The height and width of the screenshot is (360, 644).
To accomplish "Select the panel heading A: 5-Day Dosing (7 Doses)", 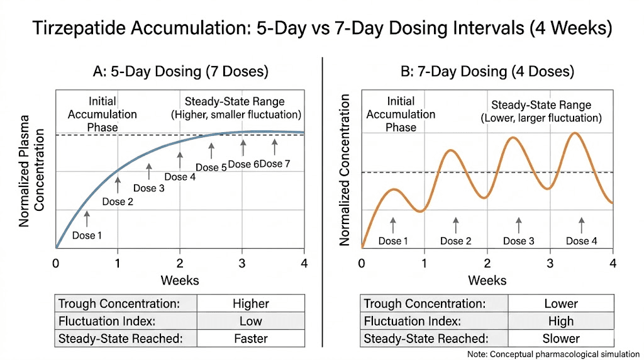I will [x=180, y=71].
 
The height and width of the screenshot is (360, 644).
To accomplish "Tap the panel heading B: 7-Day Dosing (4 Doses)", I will [x=487, y=71].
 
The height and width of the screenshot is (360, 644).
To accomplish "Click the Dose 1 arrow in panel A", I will [x=87, y=218].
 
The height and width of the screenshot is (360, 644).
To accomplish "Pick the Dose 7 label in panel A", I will [x=275, y=164].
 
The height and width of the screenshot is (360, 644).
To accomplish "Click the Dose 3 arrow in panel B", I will [x=519, y=225].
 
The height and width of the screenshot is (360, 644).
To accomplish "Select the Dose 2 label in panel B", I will [x=456, y=241].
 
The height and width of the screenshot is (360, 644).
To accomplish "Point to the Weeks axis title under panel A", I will [x=180, y=279].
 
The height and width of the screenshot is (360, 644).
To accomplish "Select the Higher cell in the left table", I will [x=250, y=304].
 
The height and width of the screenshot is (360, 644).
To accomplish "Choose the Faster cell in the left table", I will [x=250, y=338].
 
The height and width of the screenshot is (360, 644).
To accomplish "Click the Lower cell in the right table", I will [x=561, y=304].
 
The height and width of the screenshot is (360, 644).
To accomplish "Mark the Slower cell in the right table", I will [x=561, y=338].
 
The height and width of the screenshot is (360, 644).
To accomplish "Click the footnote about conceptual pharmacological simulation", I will [x=553, y=353].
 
